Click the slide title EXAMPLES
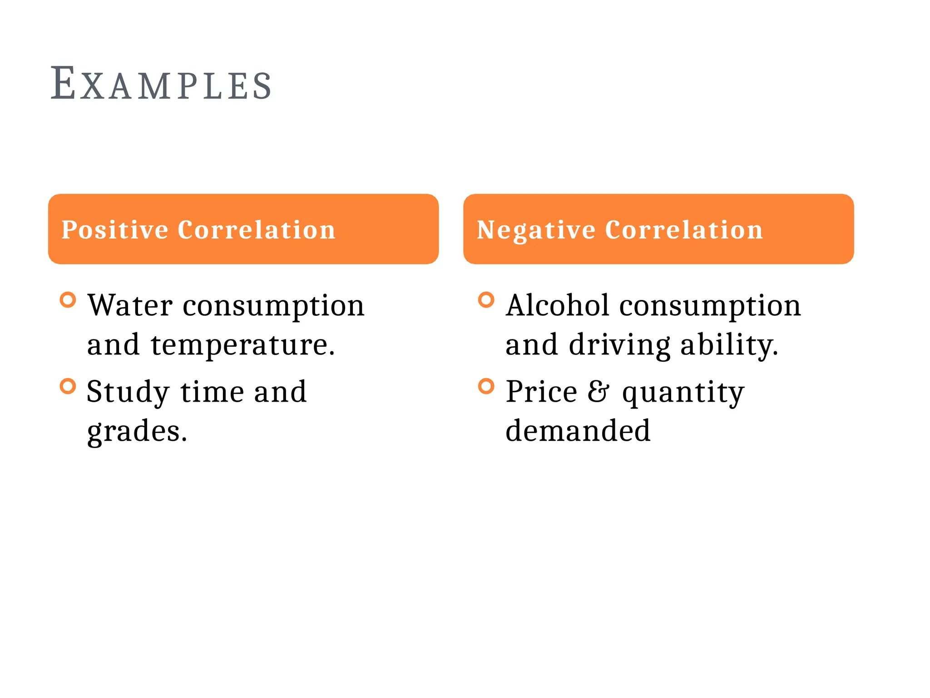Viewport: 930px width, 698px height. coord(161,84)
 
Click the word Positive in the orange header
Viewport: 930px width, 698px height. coord(114,230)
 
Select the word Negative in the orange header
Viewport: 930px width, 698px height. coord(536,230)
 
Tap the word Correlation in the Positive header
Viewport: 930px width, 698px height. coord(257,230)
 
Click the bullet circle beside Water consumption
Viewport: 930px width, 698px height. coord(68,300)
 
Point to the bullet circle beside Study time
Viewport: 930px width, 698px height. coord(68,386)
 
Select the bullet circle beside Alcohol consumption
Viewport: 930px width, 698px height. coord(486,300)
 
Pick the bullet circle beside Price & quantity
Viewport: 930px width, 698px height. coord(486,386)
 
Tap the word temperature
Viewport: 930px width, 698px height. coord(242,345)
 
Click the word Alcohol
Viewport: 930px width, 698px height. coord(557,305)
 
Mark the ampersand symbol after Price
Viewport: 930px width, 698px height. coord(598,392)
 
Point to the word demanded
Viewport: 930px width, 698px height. coord(578,431)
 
